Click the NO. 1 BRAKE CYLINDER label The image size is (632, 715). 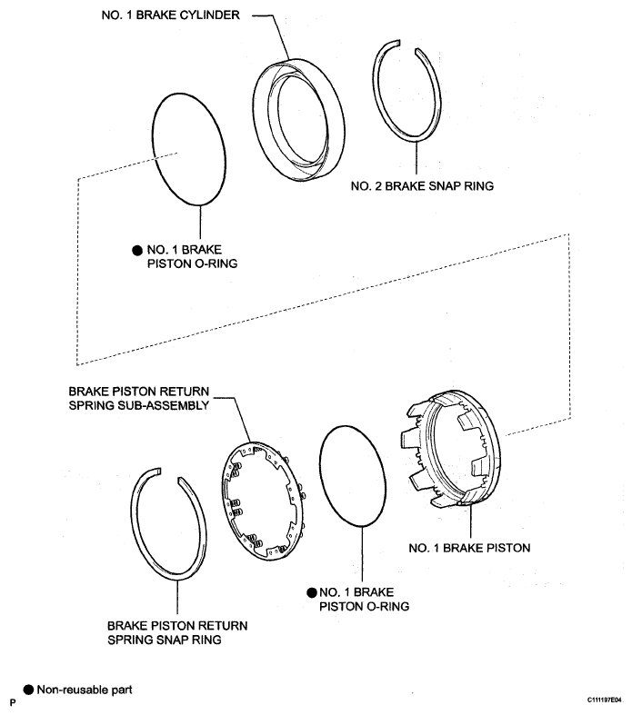(x=170, y=15)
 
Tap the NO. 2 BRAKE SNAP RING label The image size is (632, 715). (x=422, y=186)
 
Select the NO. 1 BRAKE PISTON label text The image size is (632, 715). (x=469, y=548)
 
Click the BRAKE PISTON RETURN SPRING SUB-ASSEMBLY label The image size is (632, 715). (x=139, y=399)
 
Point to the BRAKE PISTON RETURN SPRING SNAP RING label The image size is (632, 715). (x=177, y=632)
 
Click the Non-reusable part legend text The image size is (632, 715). (x=85, y=690)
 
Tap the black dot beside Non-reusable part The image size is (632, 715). (x=28, y=690)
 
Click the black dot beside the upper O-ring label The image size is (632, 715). (x=137, y=251)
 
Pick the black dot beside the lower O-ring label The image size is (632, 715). (x=312, y=592)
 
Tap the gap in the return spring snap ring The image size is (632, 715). (x=169, y=473)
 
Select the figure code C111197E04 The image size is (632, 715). (x=604, y=700)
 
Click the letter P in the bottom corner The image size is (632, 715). (x=13, y=702)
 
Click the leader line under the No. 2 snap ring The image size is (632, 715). (x=416, y=157)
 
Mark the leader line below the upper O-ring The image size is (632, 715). (x=200, y=222)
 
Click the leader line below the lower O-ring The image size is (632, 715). (x=362, y=554)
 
